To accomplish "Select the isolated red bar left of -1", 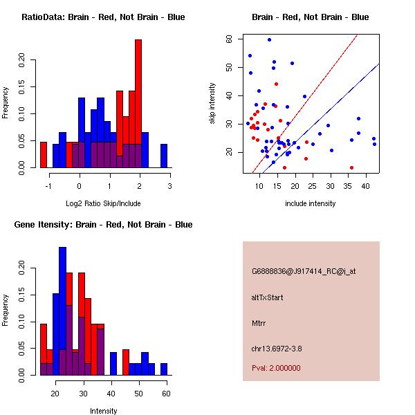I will pyautogui.click(x=44, y=154).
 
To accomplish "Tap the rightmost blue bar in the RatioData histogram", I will pyautogui.click(x=164, y=156).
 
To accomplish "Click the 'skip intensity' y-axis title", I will pyautogui.click(x=212, y=104).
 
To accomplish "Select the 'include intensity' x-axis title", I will pyautogui.click(x=311, y=203).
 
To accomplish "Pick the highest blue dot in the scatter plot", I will pyautogui.click(x=269, y=39).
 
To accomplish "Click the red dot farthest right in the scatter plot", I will pyautogui.click(x=351, y=167).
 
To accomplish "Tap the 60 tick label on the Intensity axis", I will pyautogui.click(x=166, y=394).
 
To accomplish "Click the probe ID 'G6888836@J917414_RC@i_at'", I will pyautogui.click(x=304, y=272).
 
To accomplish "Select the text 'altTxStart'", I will pyautogui.click(x=267, y=297).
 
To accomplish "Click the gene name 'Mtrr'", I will pyautogui.click(x=259, y=322).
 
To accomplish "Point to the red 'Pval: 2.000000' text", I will pyautogui.click(x=276, y=368).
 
